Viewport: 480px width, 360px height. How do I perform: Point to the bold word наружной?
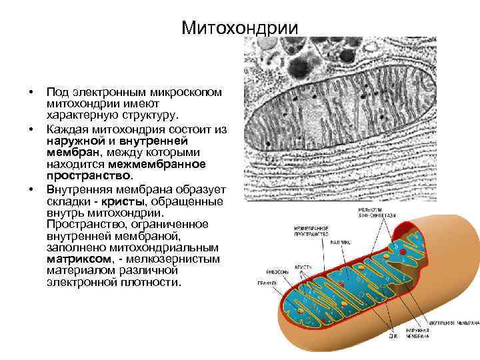74,141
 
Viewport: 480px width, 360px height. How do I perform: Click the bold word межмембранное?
170,163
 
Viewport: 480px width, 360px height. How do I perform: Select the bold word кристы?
122,201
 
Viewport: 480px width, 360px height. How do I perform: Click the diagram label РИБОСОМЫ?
278,272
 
